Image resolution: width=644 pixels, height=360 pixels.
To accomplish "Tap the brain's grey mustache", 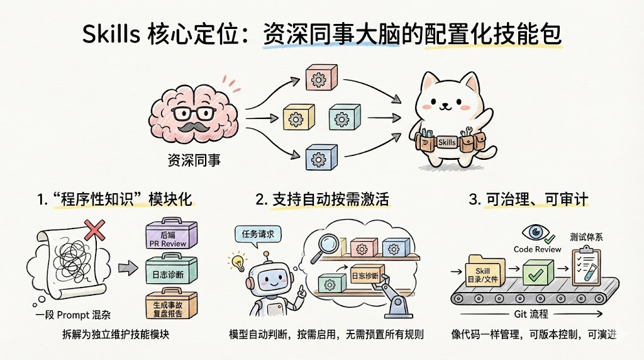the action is (x=194, y=127).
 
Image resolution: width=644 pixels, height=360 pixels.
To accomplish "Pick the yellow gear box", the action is (x=298, y=117).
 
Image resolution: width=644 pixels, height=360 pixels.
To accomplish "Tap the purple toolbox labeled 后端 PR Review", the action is (x=170, y=239).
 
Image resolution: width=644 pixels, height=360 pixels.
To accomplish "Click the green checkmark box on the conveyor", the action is (x=539, y=274).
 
